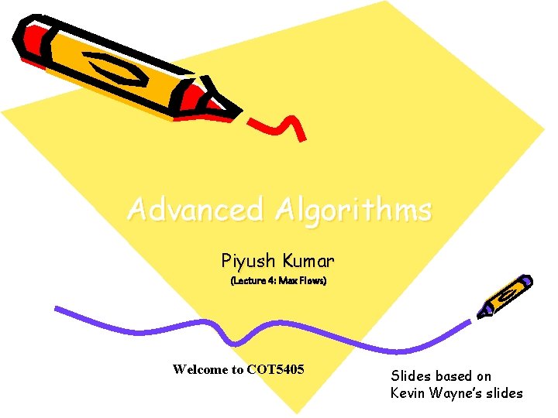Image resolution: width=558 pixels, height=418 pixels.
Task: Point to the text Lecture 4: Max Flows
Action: [x=278, y=280]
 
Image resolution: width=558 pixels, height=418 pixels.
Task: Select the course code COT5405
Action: [x=275, y=369]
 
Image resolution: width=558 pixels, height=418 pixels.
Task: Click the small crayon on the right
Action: [x=505, y=296]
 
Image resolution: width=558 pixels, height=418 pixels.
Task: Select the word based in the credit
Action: [x=452, y=376]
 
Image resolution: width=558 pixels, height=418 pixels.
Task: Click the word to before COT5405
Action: [x=237, y=369]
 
